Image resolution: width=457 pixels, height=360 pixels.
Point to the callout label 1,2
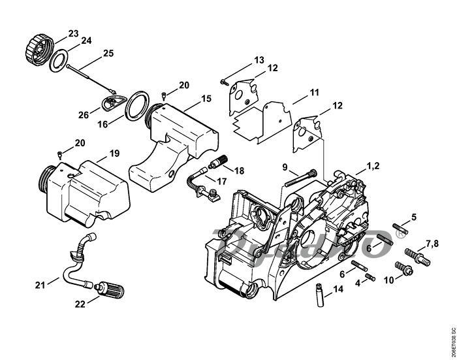tap(373, 167)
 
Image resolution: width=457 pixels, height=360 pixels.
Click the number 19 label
tap(114, 153)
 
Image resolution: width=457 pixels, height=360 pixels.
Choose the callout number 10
tap(388, 280)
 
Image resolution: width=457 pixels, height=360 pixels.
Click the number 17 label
tap(221, 181)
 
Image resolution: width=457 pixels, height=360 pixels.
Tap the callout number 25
tap(108, 53)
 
